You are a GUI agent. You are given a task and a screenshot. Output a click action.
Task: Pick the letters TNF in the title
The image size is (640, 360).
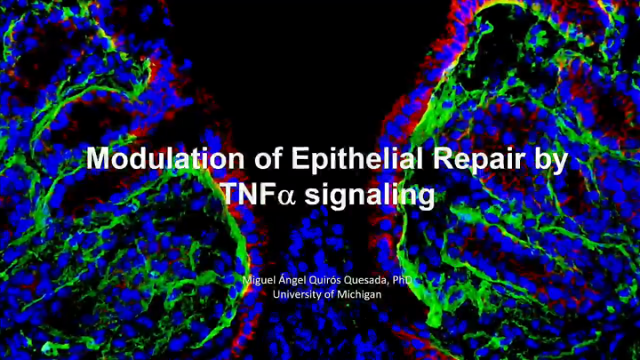[x=243, y=195]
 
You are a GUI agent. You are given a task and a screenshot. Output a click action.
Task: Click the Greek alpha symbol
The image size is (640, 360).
[x=285, y=196]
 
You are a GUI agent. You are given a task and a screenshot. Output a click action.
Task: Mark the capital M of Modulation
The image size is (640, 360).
[x=98, y=160]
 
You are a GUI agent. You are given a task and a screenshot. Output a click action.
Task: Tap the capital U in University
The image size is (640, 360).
[x=276, y=293]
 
